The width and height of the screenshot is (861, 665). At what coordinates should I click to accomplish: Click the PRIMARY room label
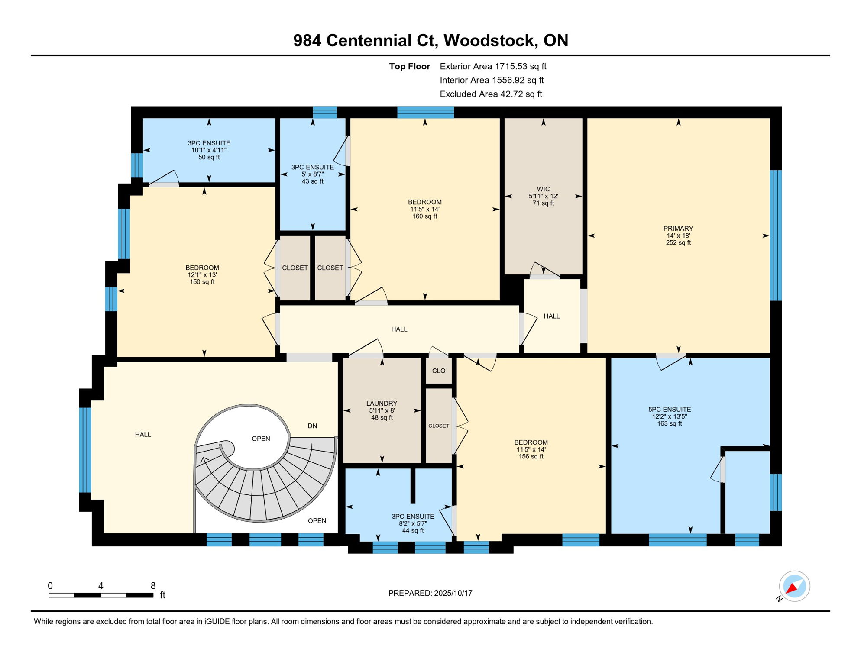coord(678,229)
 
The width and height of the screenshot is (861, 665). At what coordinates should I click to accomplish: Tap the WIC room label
coord(543,189)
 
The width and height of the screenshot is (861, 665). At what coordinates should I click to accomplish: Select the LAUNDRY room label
coord(382,404)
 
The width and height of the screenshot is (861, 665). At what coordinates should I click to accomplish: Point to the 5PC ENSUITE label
coord(670,410)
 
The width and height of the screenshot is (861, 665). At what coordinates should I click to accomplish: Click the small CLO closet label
coord(439,371)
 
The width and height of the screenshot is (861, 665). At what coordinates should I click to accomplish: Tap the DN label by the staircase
coord(312,426)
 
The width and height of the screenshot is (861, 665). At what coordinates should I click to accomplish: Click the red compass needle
coord(792,588)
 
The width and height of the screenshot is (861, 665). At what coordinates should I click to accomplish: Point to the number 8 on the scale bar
coord(153,586)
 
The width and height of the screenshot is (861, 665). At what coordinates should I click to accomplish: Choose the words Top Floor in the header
coord(409,66)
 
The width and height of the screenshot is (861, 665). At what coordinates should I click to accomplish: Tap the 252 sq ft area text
coord(678,243)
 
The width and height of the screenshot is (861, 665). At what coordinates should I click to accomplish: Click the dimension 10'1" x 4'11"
coord(209,150)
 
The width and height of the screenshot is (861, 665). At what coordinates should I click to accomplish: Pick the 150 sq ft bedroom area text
coord(202,282)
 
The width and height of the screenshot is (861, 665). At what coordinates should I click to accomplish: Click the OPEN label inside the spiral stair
coord(261,439)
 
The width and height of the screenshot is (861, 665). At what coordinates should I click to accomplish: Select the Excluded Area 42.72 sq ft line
coord(491,94)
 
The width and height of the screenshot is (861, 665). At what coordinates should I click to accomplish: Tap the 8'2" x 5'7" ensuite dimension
coord(413,523)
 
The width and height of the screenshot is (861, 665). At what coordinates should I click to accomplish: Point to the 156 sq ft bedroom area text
coord(531,457)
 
